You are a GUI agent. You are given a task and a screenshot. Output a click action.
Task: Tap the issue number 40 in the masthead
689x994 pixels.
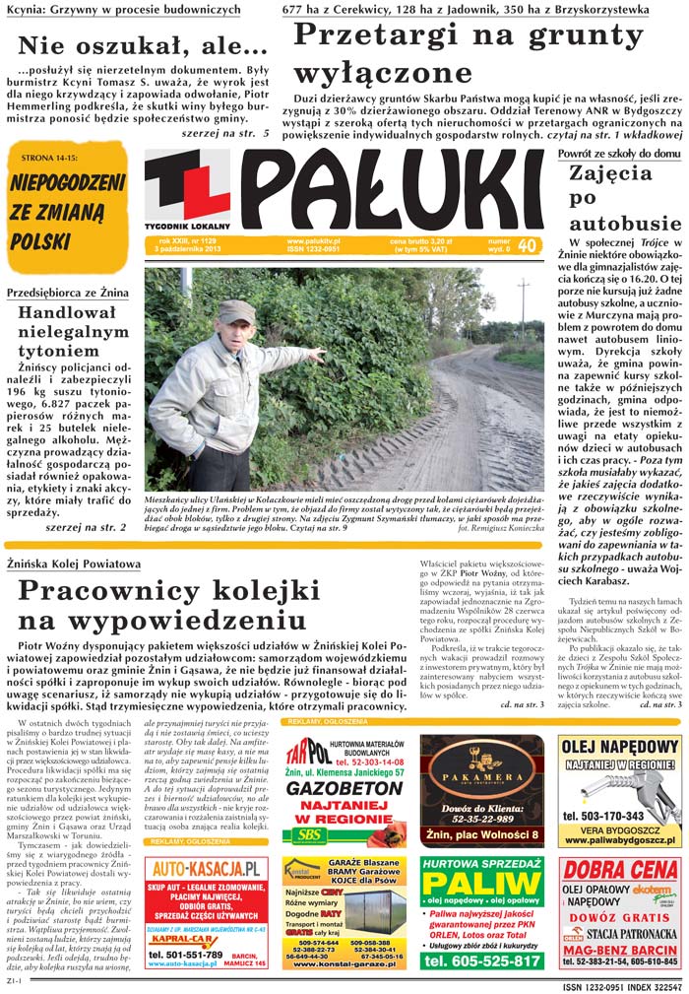(527, 245)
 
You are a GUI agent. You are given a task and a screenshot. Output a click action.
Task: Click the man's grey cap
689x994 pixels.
(235, 311)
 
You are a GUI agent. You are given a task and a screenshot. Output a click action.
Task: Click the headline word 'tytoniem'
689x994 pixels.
(57, 350)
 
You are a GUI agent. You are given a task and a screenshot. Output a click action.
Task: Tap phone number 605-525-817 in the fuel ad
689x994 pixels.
(482, 961)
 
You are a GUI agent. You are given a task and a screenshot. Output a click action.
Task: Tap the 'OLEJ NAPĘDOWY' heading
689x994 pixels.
(620, 746)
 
